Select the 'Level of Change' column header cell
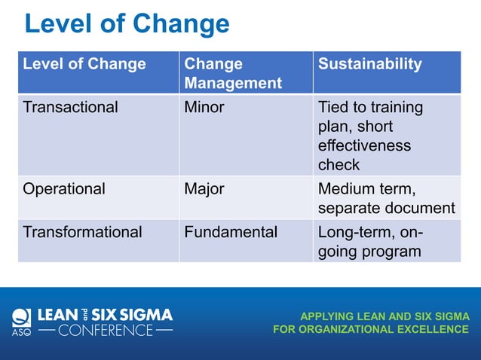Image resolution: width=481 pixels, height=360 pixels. [84, 65]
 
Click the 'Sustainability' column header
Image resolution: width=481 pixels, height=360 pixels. [369, 65]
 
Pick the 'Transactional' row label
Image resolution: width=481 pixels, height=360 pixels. [71, 108]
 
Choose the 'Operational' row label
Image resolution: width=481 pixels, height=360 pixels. [64, 189]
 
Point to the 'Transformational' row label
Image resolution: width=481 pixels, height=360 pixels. [82, 232]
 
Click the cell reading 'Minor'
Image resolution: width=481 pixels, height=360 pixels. [204, 108]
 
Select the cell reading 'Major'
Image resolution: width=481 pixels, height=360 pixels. [204, 189]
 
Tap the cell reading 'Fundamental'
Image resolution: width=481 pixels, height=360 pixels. [231, 232]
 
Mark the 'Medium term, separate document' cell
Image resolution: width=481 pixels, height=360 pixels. [386, 198]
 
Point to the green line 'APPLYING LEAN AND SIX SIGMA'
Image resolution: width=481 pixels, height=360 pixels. [384, 316]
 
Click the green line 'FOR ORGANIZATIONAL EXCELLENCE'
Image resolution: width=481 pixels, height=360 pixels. [371, 329]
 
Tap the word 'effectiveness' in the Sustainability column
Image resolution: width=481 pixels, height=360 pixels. [364, 145]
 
